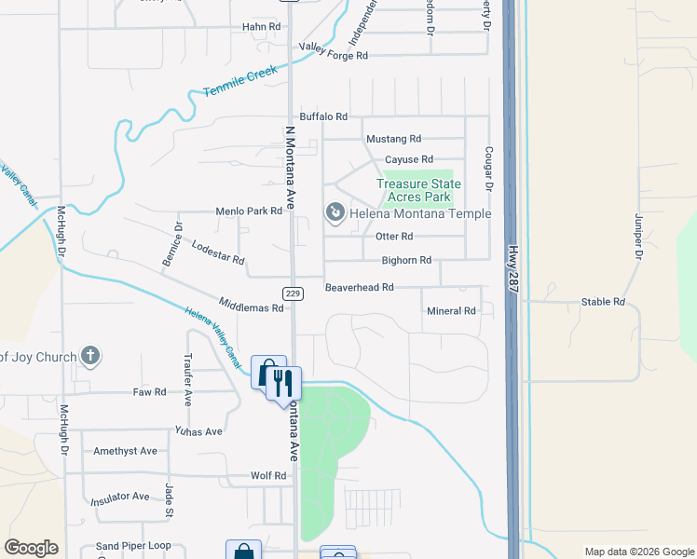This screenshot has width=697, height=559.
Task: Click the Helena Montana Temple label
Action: click(x=420, y=213)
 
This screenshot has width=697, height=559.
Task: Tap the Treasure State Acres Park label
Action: click(x=414, y=190)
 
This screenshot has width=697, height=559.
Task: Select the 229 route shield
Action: click(x=294, y=293)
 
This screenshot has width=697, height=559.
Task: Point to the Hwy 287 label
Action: click(x=512, y=271)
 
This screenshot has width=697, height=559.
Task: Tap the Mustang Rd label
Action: click(x=394, y=139)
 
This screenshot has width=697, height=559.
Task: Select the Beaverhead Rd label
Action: click(x=359, y=288)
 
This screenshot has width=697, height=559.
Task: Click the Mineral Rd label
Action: click(x=451, y=311)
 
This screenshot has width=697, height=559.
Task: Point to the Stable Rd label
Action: click(x=602, y=302)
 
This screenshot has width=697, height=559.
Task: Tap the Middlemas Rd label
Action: click(x=251, y=306)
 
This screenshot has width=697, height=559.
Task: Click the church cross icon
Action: click(x=89, y=355)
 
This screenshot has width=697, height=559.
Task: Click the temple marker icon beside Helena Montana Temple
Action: click(x=335, y=213)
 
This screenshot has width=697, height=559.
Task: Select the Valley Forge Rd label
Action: click(x=333, y=56)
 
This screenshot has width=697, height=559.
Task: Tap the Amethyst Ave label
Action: click(x=125, y=451)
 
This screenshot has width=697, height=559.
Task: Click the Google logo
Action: click(x=31, y=548)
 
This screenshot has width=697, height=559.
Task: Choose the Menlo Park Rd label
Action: click(x=249, y=211)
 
